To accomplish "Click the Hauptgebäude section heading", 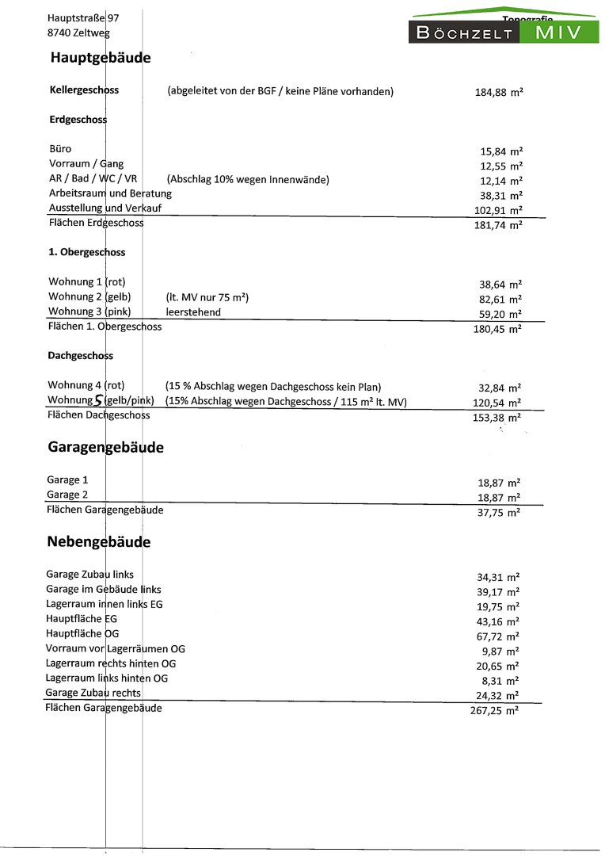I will (x=100, y=58).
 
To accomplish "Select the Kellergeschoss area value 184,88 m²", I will (x=498, y=92).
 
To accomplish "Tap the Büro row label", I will (x=60, y=148).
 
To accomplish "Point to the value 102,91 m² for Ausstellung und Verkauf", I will (x=497, y=210).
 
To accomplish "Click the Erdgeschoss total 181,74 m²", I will (x=497, y=225).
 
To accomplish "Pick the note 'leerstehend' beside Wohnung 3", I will (x=193, y=312).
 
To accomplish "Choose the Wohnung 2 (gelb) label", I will (x=88, y=297).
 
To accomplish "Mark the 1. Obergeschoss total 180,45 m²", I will (x=497, y=329).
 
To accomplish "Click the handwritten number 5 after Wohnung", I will (x=98, y=401).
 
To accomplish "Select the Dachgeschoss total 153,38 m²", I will (x=497, y=418).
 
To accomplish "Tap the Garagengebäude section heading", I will (x=105, y=447).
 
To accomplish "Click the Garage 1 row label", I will (x=67, y=480).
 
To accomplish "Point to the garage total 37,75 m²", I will (x=497, y=512).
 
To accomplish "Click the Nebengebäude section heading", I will (x=98, y=542).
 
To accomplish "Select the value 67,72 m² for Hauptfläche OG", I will (x=497, y=636).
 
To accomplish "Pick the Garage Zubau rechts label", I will (x=93, y=693).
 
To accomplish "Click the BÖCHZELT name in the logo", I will (x=465, y=33).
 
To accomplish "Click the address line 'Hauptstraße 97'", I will (x=82, y=17).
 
